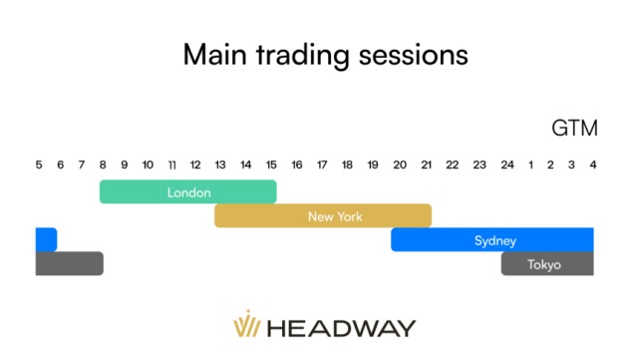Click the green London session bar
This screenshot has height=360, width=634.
point(187,191)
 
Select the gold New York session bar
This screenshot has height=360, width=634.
point(322,215)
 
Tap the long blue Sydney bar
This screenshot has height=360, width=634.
point(492,239)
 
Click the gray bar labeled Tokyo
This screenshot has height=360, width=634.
point(546,264)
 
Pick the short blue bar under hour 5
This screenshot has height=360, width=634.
point(46,239)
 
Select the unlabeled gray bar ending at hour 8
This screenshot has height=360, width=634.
point(69,264)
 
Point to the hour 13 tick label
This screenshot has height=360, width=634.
point(221,165)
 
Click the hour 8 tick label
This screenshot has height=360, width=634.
point(103,165)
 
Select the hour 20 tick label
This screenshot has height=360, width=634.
point(399,165)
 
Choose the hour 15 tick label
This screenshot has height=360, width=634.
point(272,165)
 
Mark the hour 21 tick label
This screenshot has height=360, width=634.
point(425,165)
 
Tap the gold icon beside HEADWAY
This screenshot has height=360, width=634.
point(245,326)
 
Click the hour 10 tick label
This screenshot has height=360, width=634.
point(148,165)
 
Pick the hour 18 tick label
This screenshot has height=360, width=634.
point(348,165)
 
